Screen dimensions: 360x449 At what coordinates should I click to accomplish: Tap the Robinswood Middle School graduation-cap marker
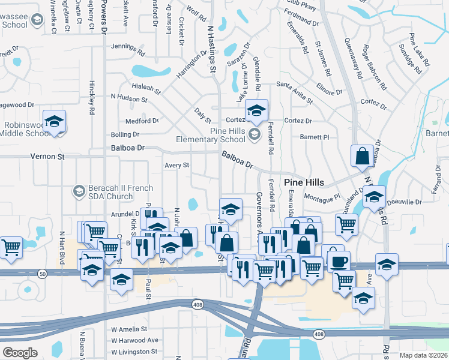coord(54,121)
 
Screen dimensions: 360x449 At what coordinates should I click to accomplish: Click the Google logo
coord(20,353)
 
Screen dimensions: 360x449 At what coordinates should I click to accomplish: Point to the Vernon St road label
coord(47,157)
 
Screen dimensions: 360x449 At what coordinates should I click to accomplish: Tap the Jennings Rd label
coord(128,49)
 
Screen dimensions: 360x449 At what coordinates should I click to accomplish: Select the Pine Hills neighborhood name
coord(304,182)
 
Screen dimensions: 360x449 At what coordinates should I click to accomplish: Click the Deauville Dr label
coord(403,202)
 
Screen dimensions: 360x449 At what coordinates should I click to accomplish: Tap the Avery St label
coord(177,165)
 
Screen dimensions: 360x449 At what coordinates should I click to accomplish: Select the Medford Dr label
coord(142,121)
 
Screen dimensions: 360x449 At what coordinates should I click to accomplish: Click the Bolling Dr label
coord(125,135)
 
